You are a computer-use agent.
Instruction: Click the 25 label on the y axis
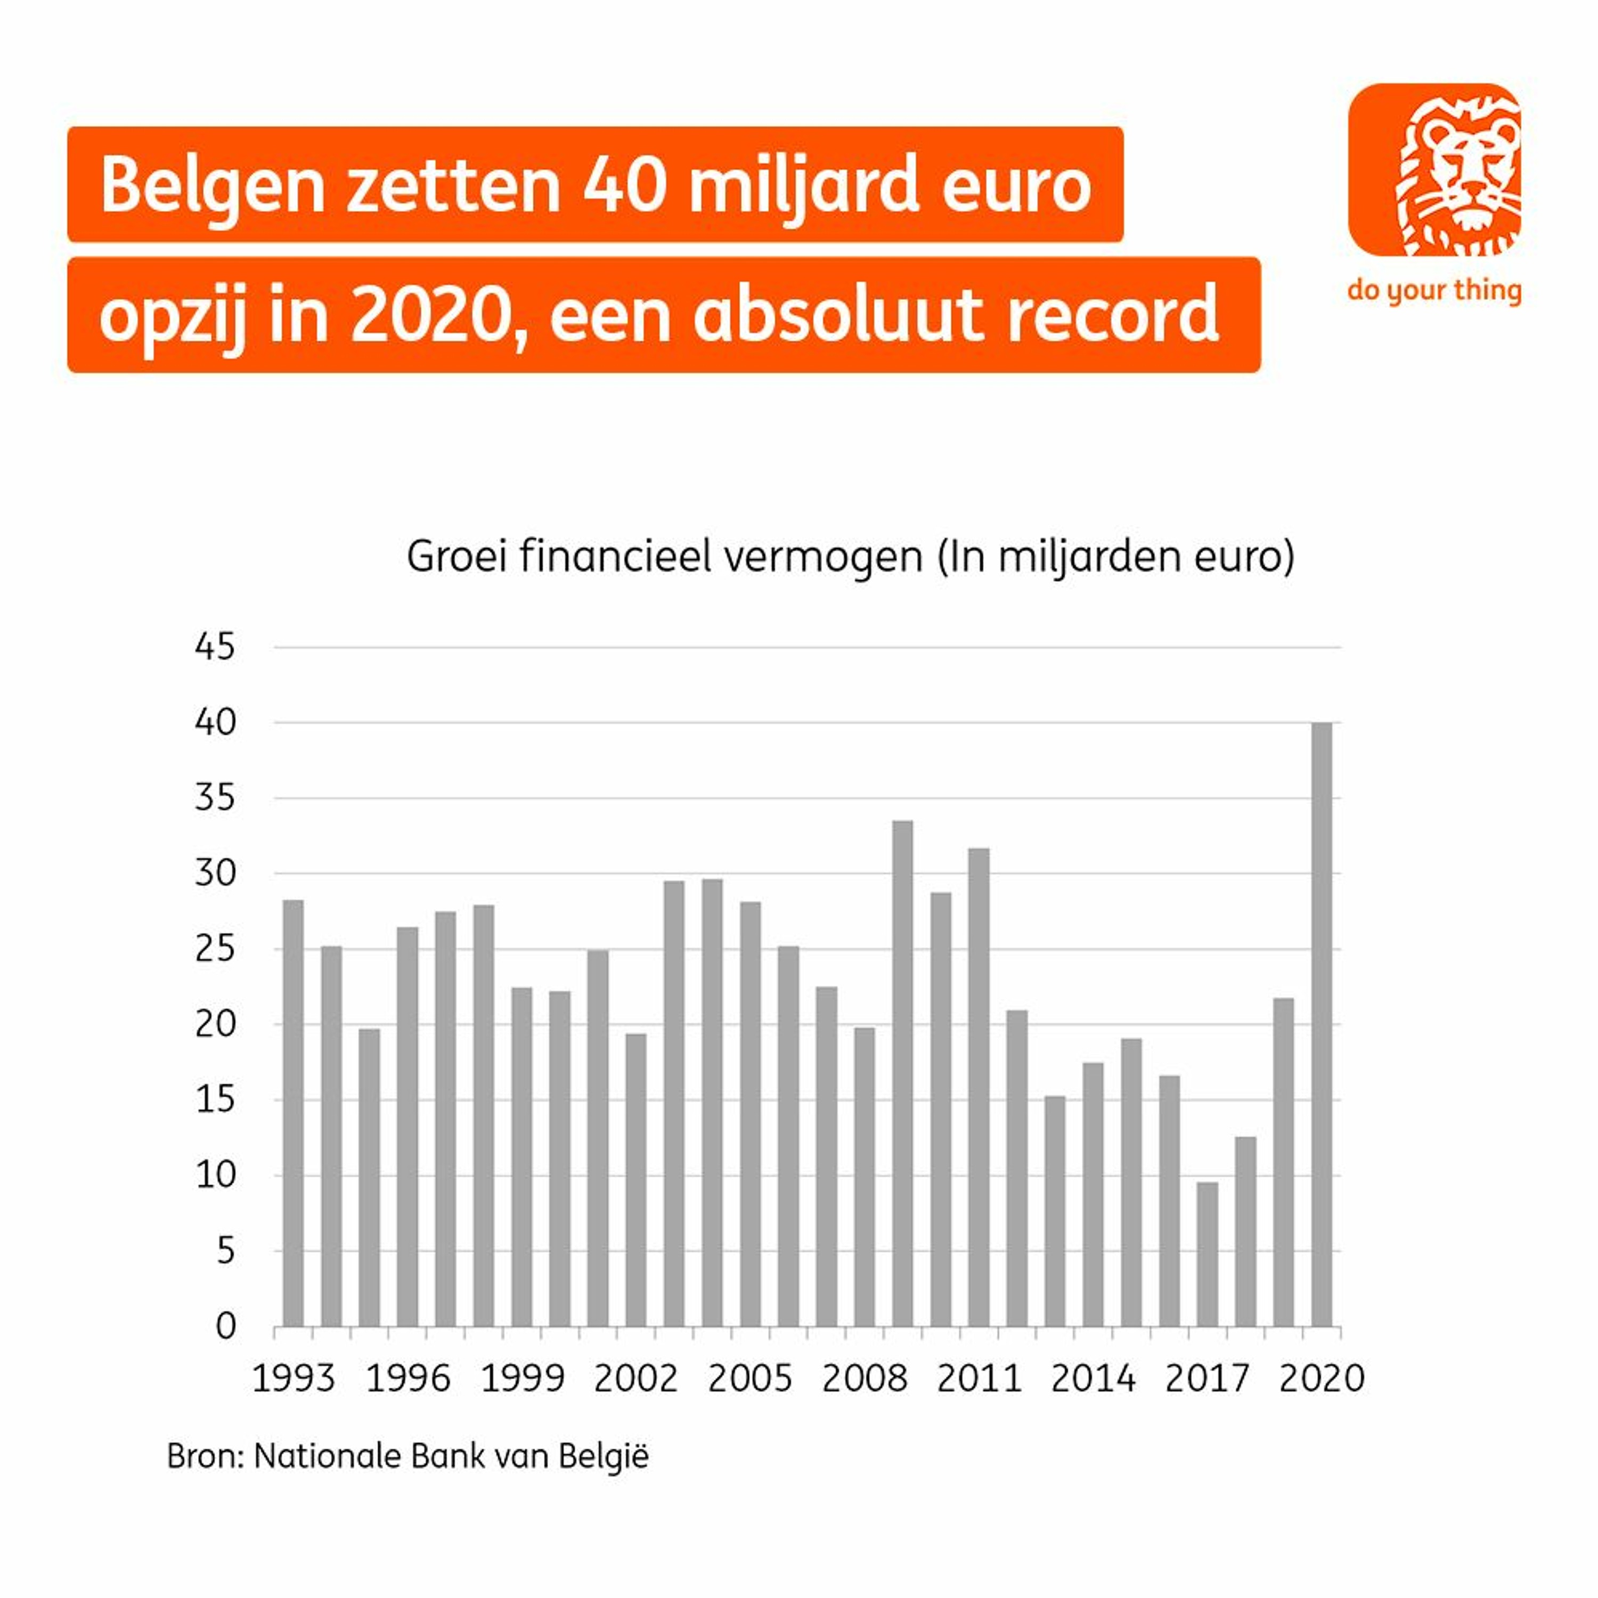point(215,950)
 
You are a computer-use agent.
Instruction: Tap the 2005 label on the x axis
point(749,1379)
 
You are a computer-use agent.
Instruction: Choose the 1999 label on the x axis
point(522,1379)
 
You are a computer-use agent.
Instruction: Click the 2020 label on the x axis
point(1321,1379)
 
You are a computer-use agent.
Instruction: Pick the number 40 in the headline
point(624,185)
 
